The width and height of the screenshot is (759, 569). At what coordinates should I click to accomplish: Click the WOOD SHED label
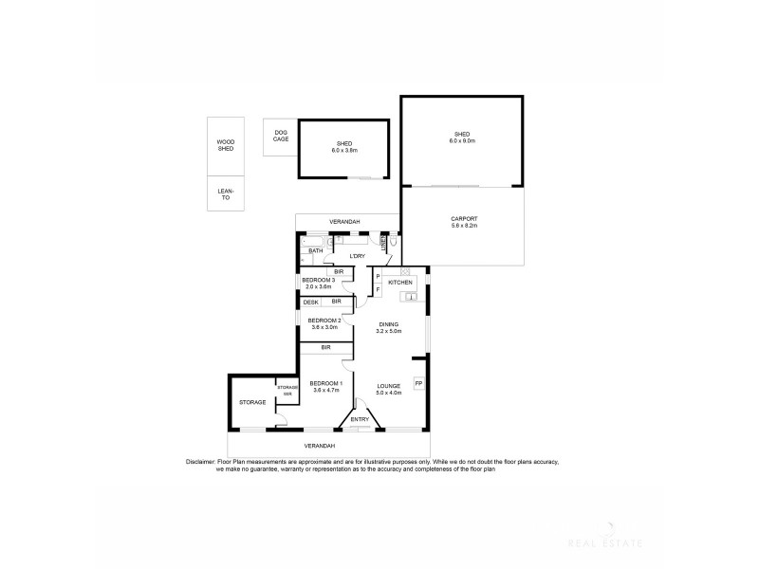(x=226, y=145)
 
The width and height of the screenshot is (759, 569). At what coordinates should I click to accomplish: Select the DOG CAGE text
(x=281, y=136)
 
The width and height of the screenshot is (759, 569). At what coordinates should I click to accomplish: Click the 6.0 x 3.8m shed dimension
(x=343, y=150)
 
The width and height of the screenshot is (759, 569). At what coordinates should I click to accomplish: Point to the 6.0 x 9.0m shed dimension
(x=462, y=140)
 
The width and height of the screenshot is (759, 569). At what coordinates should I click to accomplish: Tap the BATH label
(x=315, y=251)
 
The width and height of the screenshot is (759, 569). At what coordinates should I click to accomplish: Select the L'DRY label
(x=358, y=256)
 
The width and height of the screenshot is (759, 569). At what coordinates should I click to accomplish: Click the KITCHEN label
(x=399, y=283)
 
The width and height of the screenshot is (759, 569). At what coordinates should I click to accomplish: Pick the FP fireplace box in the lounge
(x=418, y=383)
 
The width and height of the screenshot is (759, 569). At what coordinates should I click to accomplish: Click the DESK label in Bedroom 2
(x=310, y=302)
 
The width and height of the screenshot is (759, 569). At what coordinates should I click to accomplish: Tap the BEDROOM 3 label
(x=319, y=280)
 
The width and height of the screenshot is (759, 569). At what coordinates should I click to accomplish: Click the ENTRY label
(x=360, y=419)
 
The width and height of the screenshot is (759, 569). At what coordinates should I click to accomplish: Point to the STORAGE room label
(x=251, y=402)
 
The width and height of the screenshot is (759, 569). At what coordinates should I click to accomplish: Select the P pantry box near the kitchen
(x=378, y=277)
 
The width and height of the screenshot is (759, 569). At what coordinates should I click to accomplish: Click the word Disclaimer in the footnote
(x=204, y=462)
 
